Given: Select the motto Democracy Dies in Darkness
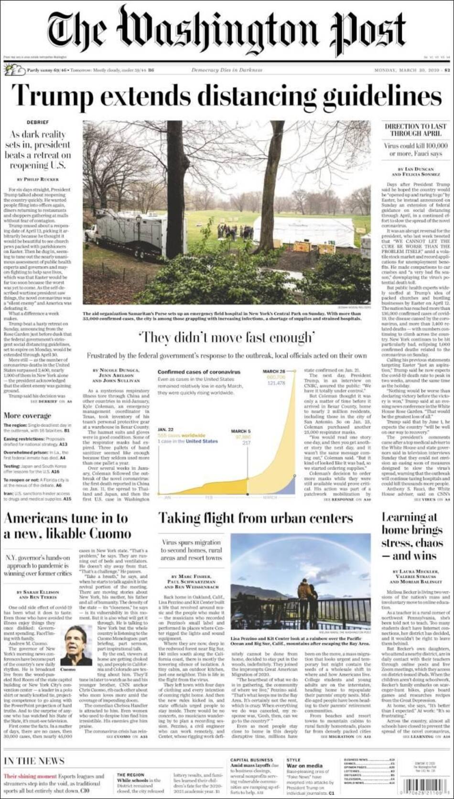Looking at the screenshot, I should (227, 70).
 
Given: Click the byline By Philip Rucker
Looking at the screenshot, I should (38, 179).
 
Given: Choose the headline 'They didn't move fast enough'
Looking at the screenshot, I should (227, 338).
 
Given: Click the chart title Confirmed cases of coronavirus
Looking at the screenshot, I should (199, 372).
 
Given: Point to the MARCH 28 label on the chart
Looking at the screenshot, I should (274, 371).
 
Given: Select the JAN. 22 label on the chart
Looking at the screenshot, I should (165, 430).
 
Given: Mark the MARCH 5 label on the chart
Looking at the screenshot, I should (240, 431).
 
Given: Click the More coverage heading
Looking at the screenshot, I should (28, 415).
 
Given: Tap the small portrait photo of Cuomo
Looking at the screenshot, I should (76, 645).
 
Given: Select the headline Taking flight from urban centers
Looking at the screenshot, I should (255, 518).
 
